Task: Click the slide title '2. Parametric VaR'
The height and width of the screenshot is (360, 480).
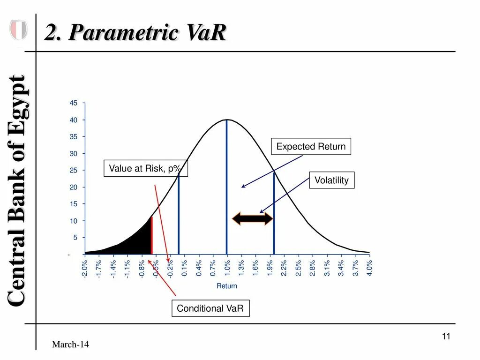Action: tap(135, 33)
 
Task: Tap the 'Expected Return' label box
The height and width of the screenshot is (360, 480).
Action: tap(311, 147)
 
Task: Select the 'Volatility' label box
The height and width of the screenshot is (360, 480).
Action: tap(331, 180)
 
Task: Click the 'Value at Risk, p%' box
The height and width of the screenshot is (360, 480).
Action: tap(145, 168)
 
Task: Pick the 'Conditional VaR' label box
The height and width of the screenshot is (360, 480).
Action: tap(210, 308)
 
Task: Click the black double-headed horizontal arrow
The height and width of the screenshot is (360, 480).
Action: tap(253, 218)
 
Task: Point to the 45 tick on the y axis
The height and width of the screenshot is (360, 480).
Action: tap(74, 103)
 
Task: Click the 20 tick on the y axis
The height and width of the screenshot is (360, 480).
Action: tap(74, 187)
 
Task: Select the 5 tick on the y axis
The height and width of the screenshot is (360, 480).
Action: tap(75, 238)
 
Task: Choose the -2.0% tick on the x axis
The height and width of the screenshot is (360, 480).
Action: tap(84, 268)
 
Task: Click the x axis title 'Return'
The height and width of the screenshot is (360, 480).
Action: tap(227, 286)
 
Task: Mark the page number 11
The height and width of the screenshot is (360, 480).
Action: tap(446, 337)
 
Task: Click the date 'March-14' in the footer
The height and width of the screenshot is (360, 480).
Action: tap(70, 345)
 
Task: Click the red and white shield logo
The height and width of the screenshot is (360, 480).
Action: tap(18, 30)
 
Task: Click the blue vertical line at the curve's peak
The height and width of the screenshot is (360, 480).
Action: tap(227, 187)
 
